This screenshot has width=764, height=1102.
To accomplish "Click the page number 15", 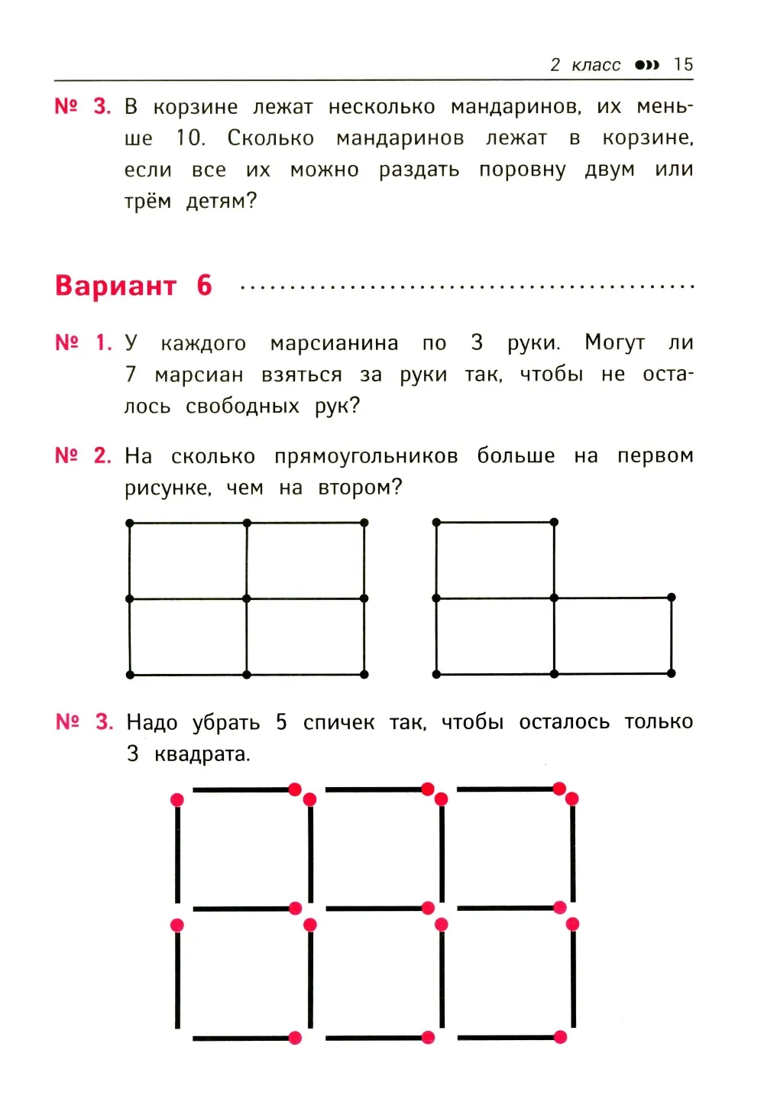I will [683, 65].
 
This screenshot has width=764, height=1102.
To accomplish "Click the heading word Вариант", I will [115, 286].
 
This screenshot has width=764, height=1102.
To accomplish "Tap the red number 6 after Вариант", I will [204, 286].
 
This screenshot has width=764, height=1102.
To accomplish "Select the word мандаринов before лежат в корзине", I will [400, 138].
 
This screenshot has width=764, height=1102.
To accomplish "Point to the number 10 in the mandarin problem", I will [189, 138].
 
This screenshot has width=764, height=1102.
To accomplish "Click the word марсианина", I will [334, 344].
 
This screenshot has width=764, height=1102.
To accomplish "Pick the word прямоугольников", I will [366, 457].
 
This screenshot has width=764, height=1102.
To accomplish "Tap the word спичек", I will [338, 723].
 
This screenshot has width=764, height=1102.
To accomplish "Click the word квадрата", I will [202, 755].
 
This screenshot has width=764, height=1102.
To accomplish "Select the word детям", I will [221, 202].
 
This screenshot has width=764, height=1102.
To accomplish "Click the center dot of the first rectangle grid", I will [247, 598].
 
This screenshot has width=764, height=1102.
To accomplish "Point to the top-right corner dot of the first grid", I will [364, 523].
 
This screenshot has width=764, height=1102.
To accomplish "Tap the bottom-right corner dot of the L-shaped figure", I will [672, 673].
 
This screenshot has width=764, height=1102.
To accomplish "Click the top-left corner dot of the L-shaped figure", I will [436, 523].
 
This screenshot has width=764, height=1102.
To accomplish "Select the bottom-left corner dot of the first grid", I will [130, 675].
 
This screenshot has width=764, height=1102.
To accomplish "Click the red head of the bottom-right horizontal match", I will [560, 1037].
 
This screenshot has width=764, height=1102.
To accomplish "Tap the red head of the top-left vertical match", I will [177, 800].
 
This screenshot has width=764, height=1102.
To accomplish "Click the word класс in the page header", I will [596, 66].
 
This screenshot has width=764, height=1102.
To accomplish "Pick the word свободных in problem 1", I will [242, 407].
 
